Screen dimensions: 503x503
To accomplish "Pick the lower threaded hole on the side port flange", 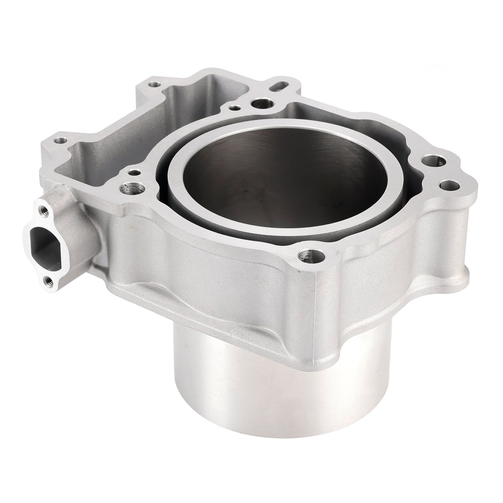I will click(x=47, y=279).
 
